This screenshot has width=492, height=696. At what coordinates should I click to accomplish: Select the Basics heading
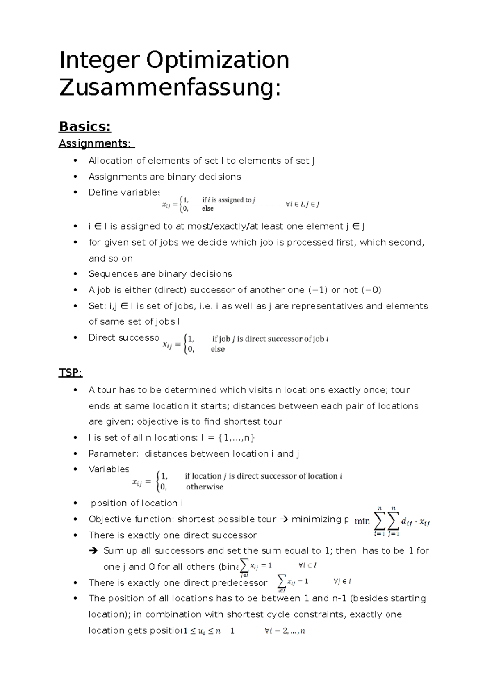coord(85,127)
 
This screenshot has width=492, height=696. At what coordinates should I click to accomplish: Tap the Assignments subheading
coord(95,143)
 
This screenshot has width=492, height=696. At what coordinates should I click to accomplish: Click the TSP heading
coord(71,373)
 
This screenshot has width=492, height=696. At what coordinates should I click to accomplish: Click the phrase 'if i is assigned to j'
coord(228,200)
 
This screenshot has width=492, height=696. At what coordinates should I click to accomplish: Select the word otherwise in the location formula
coord(205,487)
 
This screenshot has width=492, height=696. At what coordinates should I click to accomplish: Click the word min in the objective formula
coord(362,521)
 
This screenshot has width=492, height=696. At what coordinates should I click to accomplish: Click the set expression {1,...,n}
coord(237,438)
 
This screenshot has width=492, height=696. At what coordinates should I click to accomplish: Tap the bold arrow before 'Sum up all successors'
coord(93,550)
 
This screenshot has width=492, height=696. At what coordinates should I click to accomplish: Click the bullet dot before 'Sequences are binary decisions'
coord(75,274)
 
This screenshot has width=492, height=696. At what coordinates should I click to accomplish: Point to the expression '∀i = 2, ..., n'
coord(285,631)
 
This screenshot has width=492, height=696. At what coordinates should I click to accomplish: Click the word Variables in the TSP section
coord(109,469)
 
